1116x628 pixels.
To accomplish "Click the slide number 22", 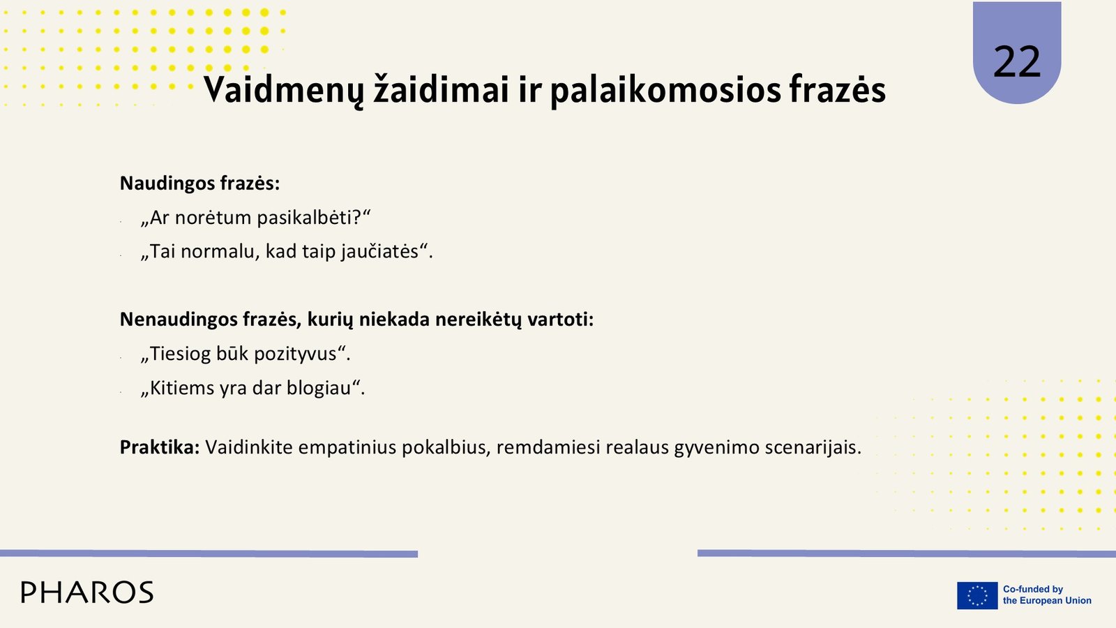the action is pos(1017,62).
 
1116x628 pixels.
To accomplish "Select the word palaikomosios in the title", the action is pos(665,90).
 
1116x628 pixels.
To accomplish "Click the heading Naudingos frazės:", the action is pos(199,184).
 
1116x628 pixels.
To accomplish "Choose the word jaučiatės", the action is pos(380,251).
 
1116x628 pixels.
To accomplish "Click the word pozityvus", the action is pos(296,354).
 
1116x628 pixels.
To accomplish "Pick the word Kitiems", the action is pos(182,388).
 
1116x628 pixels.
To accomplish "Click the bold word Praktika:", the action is pos(160,447).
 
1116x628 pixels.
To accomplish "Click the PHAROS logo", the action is pos(87,592).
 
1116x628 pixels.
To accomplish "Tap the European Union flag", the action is pos(977,595).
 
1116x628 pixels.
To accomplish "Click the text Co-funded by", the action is pos(1033,589).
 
